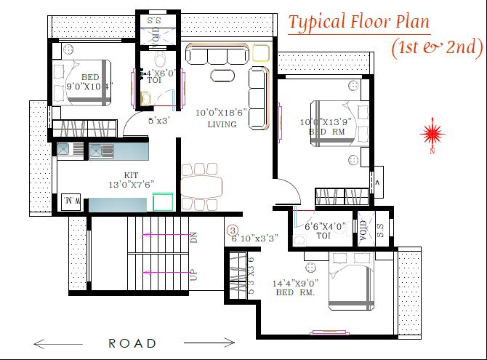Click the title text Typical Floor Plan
point(359,22)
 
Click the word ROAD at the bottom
point(132,343)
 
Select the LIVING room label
point(221,124)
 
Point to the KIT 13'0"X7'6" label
point(131,180)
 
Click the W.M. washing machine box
point(71,199)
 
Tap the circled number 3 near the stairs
point(233,231)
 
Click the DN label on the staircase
point(193,237)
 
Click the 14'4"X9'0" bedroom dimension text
point(296,282)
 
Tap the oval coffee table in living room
point(223,76)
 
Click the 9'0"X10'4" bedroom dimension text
point(89,87)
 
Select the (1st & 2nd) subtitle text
point(437,47)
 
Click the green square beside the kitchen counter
point(164,201)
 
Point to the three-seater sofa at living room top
point(217,55)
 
